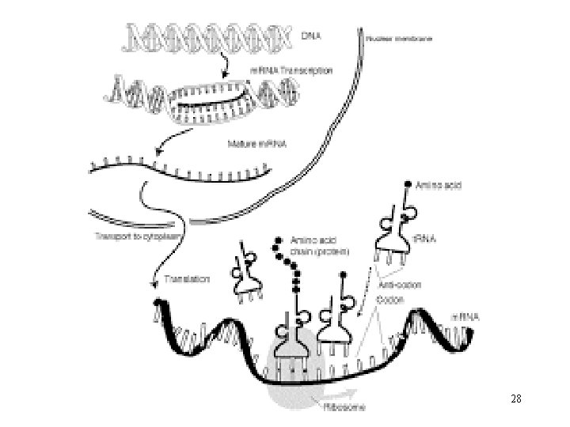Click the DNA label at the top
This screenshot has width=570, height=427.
pos(313,36)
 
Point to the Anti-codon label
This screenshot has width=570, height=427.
pos(400,285)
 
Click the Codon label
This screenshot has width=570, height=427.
pos(390,300)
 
